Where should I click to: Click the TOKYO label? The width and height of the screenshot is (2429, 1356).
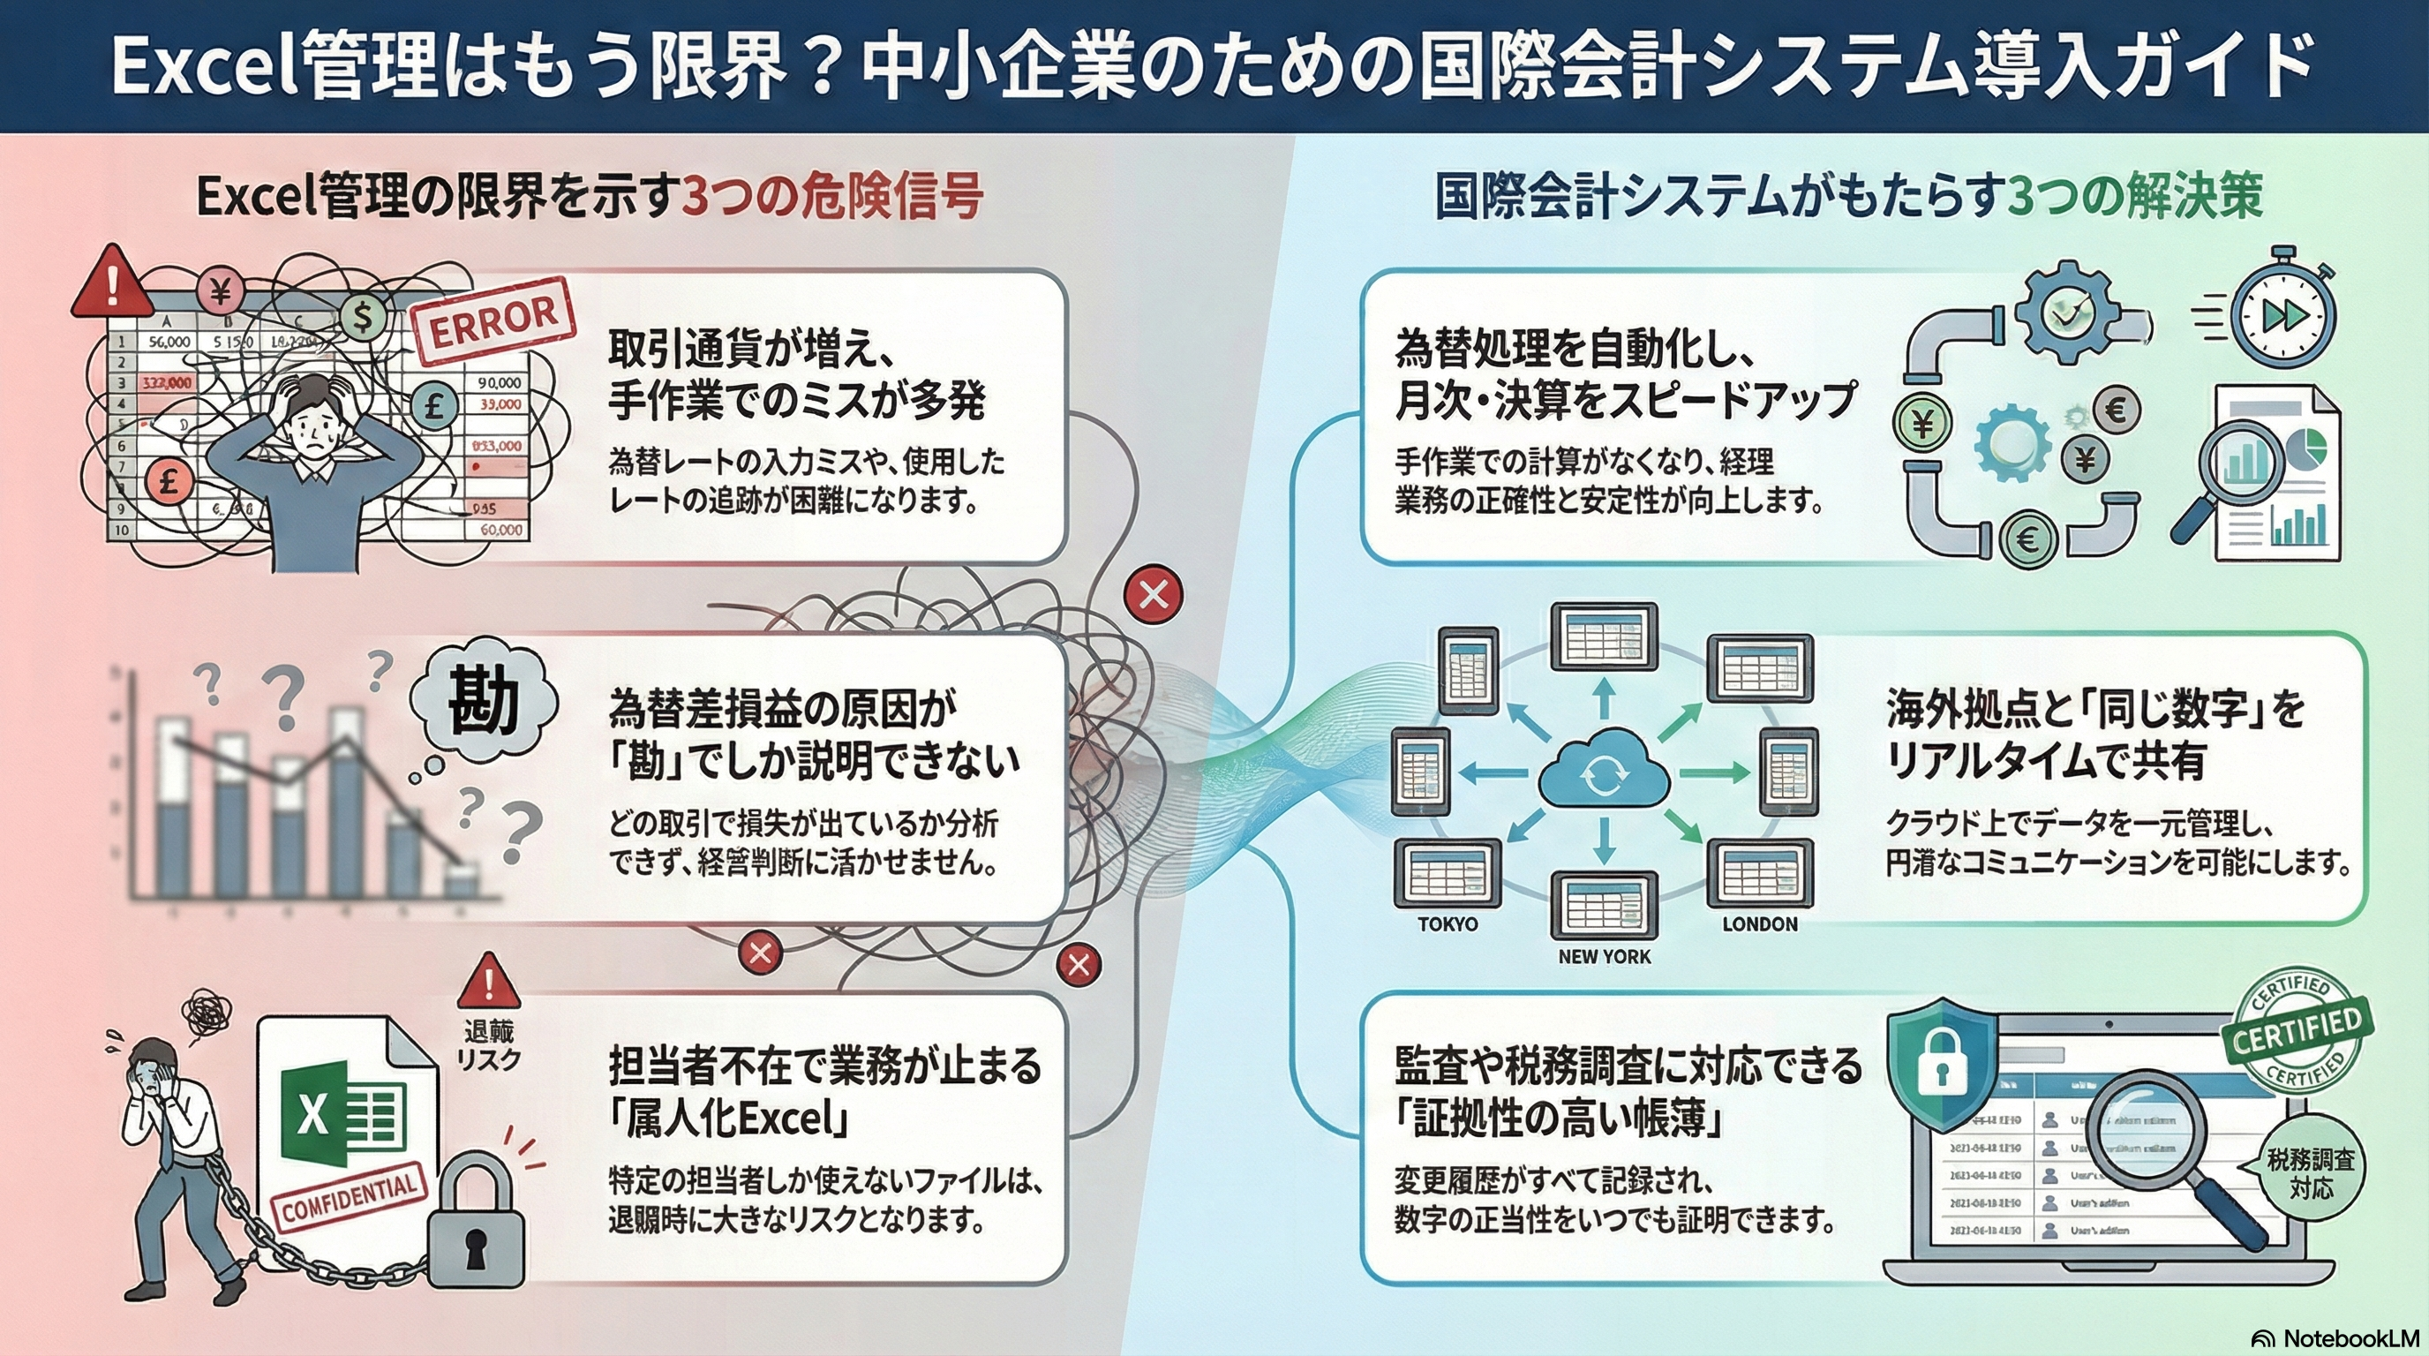click(1448, 925)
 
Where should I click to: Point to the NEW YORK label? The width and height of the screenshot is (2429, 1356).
click(1604, 957)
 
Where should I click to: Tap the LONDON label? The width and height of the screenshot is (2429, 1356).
click(1759, 925)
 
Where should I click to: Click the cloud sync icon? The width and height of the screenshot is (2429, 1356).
click(1603, 776)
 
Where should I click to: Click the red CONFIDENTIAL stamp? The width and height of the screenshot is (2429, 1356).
click(349, 1198)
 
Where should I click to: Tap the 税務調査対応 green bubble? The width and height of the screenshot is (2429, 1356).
click(2310, 1172)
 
